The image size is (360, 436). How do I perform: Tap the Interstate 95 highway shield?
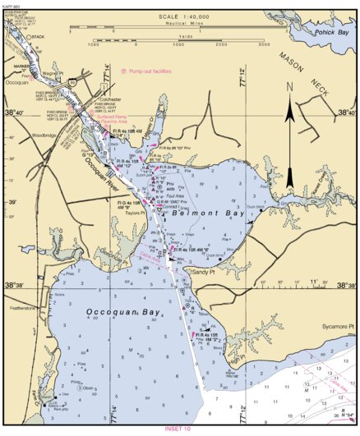click(x=73, y=81)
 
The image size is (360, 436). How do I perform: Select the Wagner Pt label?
click(x=54, y=72)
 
